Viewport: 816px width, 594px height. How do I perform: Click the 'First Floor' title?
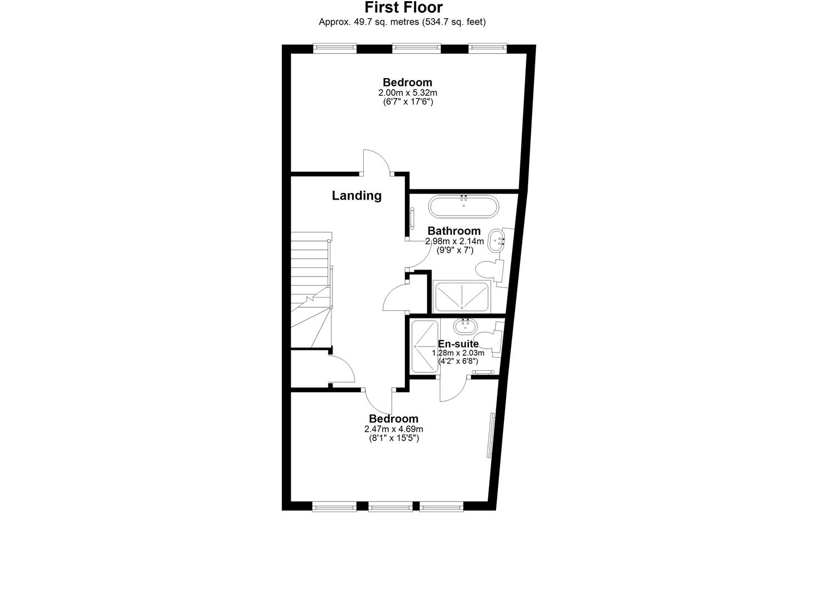point(403,7)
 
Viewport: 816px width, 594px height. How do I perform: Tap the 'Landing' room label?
point(357,195)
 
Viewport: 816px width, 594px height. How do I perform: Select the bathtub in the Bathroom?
point(464,206)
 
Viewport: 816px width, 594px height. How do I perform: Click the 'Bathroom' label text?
point(454,231)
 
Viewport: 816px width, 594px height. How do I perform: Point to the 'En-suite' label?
point(458,344)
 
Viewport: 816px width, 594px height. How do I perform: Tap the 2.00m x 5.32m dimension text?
point(407,93)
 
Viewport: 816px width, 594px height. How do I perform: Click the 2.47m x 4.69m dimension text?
point(393,429)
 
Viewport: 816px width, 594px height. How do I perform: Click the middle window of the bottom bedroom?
point(390,507)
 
